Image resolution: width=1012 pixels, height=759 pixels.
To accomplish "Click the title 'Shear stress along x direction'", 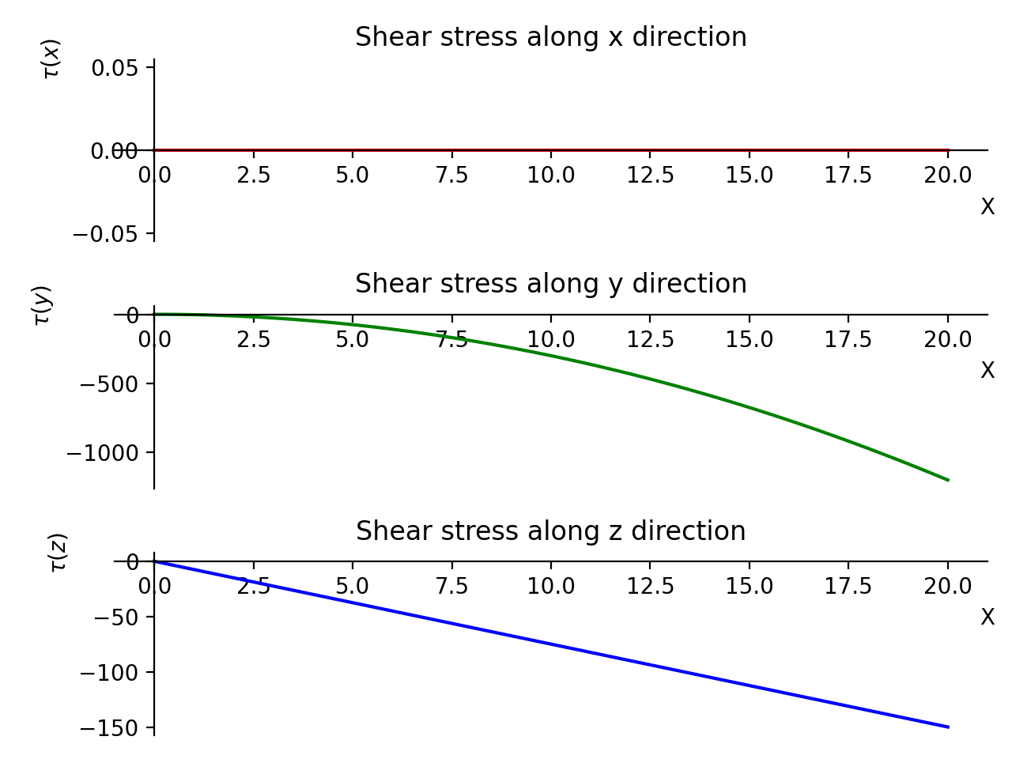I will tap(550, 37).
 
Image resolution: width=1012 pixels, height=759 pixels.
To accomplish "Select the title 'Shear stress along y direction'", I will tap(550, 283).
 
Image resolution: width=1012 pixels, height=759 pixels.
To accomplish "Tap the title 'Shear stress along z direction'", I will tap(550, 531).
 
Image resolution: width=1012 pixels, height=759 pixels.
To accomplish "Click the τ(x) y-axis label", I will tap(51, 59).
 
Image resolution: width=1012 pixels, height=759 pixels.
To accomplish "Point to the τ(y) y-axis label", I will tap(42, 305).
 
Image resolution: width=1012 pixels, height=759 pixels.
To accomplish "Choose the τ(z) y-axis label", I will tap(59, 553).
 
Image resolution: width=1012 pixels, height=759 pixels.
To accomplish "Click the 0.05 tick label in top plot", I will tap(115, 68).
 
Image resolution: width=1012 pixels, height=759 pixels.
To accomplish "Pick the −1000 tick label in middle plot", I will tap(103, 453).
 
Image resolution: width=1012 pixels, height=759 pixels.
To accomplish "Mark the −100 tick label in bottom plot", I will tap(111, 673).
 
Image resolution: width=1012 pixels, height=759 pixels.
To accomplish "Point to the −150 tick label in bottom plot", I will tap(111, 728).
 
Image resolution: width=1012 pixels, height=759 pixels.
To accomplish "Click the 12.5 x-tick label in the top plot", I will tap(650, 175).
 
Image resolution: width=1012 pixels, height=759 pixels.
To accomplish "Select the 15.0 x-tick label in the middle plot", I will tap(750, 340).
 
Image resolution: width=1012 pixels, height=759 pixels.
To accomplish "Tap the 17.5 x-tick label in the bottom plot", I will tap(848, 587).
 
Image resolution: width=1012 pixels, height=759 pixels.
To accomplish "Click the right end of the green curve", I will tap(948, 480).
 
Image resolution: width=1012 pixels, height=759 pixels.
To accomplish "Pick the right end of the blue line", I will tap(948, 727).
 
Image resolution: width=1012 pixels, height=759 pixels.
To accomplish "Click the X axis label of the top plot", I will tap(987, 207).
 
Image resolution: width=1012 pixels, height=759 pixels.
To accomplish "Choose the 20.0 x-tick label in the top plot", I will tap(948, 175).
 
